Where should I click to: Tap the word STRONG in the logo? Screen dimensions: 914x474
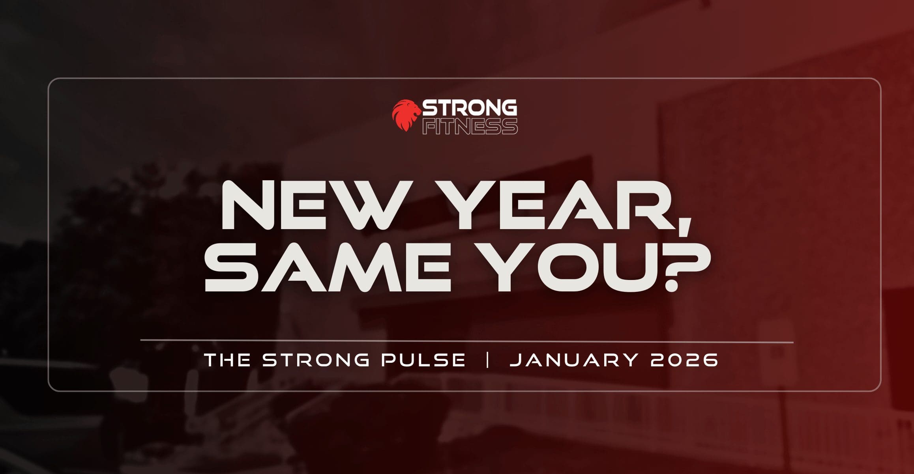click(x=470, y=108)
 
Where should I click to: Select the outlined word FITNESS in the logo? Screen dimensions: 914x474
click(x=470, y=126)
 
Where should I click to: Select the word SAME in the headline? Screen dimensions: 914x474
click(x=328, y=267)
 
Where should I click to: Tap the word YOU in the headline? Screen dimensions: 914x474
click(x=570, y=267)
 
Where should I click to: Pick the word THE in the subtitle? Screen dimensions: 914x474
click(x=227, y=360)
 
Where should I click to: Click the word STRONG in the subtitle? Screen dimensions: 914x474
click(x=316, y=360)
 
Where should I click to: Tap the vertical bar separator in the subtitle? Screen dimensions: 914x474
click(x=488, y=360)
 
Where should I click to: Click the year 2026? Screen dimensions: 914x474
click(x=684, y=360)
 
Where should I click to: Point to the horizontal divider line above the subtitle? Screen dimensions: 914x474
click(x=466, y=341)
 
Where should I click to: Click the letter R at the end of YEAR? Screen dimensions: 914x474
click(x=642, y=205)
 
